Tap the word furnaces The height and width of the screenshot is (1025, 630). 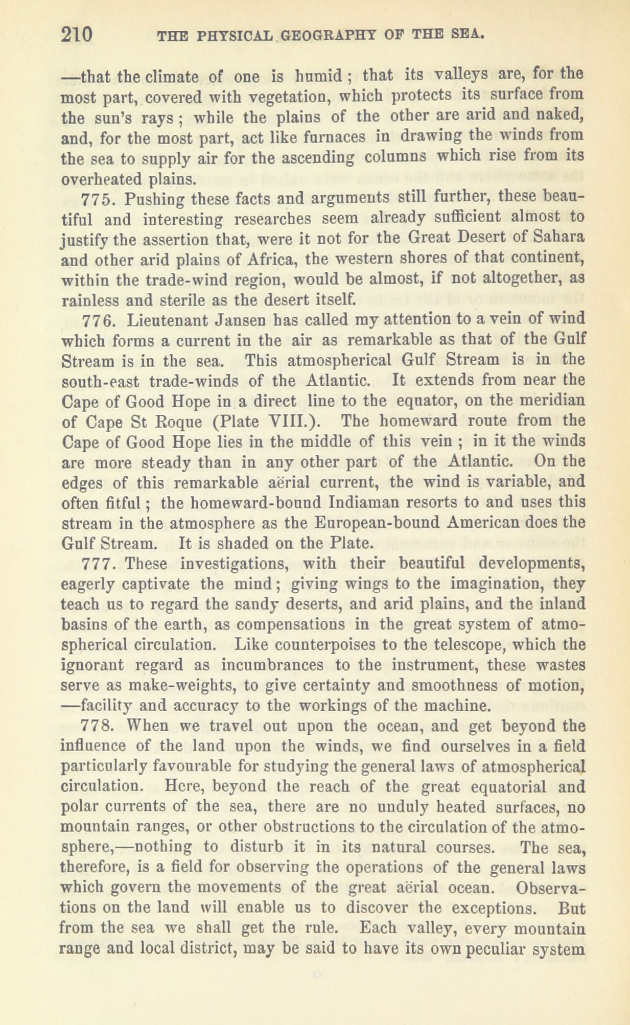point(271,137)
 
